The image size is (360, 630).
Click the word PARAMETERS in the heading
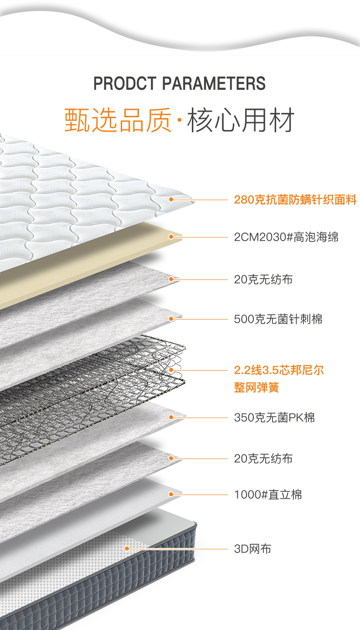pyautogui.click(x=214, y=84)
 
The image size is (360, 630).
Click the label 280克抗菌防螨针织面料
pyautogui.click(x=295, y=200)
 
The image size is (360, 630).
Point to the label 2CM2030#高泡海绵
pyautogui.click(x=286, y=237)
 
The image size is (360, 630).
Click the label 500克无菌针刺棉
pyautogui.click(x=278, y=319)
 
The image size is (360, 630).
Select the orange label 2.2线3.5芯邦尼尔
pyautogui.click(x=279, y=370)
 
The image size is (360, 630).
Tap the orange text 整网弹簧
pyautogui.click(x=257, y=388)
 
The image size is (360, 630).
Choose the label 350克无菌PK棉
pyautogui.click(x=274, y=417)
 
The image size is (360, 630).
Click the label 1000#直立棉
pyautogui.click(x=268, y=495)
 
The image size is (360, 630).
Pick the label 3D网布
pyautogui.click(x=252, y=549)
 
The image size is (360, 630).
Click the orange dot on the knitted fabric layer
pyautogui.click(x=171, y=199)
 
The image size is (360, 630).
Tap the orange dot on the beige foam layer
pyautogui.click(x=171, y=237)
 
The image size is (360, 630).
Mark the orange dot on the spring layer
pyautogui.click(x=171, y=370)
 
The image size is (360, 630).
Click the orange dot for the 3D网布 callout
pyautogui.click(x=127, y=548)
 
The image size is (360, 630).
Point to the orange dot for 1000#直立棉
pyautogui.click(x=171, y=494)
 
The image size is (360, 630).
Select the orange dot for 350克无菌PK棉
pyautogui.click(x=171, y=417)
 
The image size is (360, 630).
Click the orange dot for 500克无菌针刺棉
pyautogui.click(x=171, y=319)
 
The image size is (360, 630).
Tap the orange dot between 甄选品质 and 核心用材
pyautogui.click(x=179, y=121)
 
